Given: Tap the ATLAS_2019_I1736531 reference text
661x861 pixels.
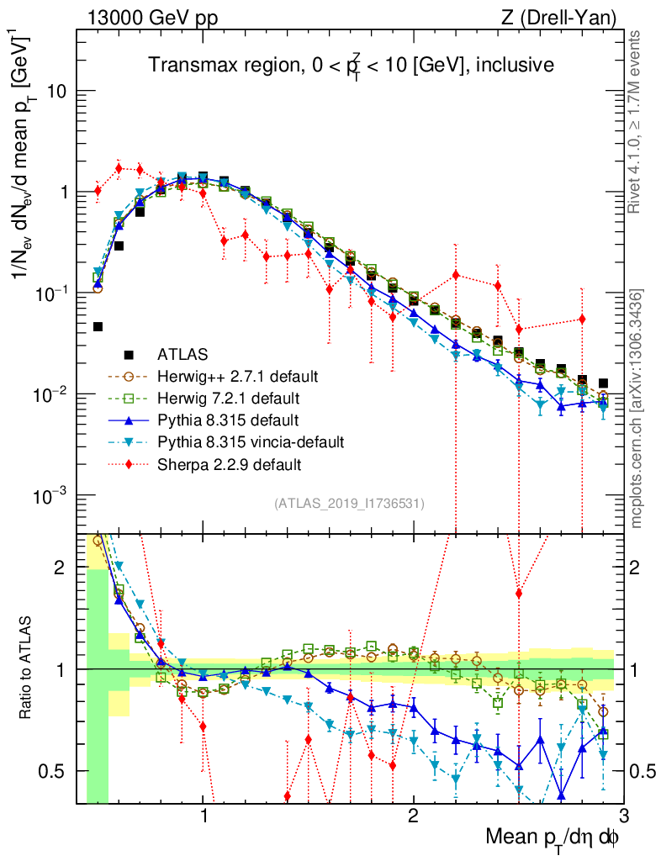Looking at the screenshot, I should point(349,504).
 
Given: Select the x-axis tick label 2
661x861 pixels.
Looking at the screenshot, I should point(413,815).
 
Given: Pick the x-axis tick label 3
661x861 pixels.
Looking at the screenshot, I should point(622,815).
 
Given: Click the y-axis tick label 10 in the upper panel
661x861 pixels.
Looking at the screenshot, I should point(56,91).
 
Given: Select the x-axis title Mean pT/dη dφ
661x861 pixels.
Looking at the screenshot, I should point(553,837).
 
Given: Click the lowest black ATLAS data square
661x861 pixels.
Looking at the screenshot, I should point(98,326).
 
